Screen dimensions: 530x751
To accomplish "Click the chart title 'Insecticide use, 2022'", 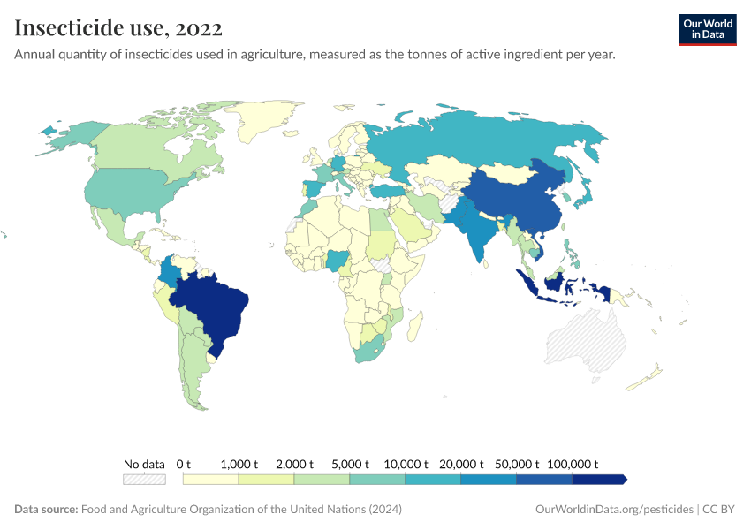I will [118, 28].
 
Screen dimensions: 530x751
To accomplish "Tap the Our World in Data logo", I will [707, 29].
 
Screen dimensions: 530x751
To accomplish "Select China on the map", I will [512, 203].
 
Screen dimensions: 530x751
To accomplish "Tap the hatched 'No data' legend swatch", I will [144, 480].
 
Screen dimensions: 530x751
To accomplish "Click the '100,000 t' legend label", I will [573, 464].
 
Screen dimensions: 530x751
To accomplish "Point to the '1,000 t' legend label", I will [239, 464].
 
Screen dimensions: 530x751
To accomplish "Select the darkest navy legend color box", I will [598, 480].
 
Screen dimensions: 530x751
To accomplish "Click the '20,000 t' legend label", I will [461, 464].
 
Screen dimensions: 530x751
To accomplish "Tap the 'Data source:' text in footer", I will [46, 510].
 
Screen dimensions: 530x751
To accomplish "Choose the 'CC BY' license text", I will [720, 510].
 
